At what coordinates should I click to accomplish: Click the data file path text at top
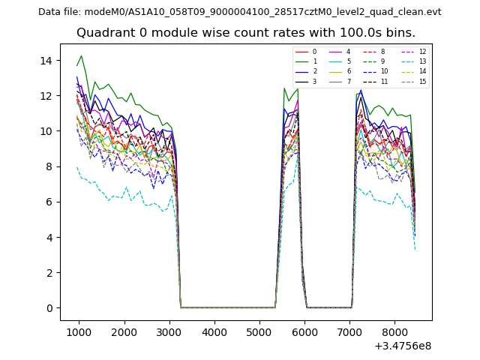coord(239,11)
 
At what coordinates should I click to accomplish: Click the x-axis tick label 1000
coord(79,331)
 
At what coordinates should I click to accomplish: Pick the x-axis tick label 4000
coord(214,331)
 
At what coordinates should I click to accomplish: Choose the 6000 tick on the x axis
coord(305,331)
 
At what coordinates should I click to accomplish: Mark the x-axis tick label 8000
coord(395,331)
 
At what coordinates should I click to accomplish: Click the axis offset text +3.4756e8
coord(403,346)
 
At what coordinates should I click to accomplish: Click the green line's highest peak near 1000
coord(81,55)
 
